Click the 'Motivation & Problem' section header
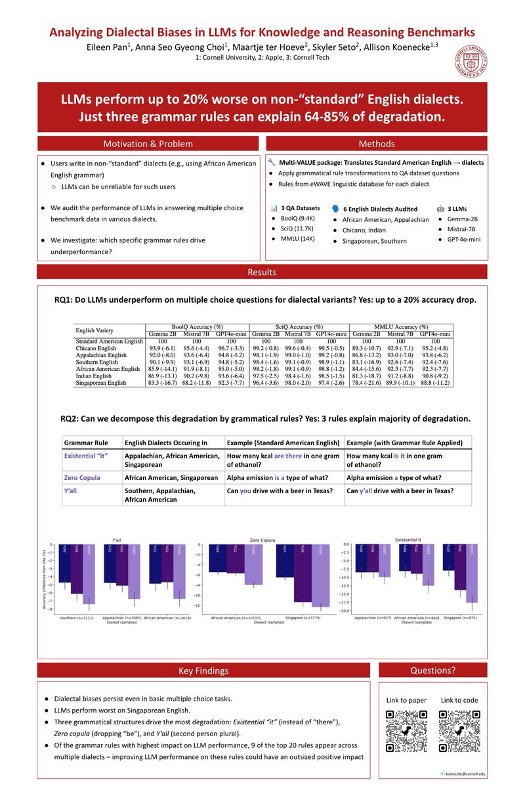pyautogui.click(x=148, y=144)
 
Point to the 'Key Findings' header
pyautogui.click(x=203, y=670)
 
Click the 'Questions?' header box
pyautogui.click(x=433, y=670)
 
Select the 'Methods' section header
pyautogui.click(x=377, y=144)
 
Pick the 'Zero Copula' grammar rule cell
pyautogui.click(x=82, y=477)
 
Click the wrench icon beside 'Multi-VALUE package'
pyautogui.click(x=272, y=162)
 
